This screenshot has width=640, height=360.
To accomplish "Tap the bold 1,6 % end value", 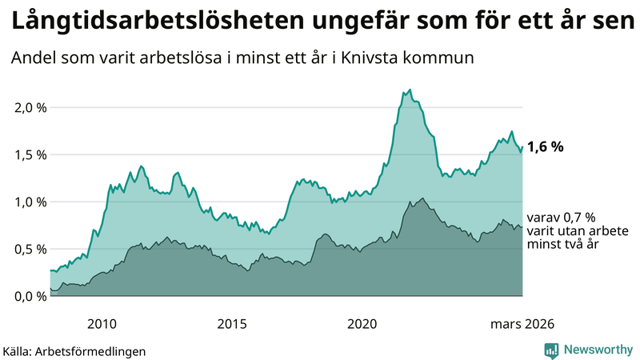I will pyautogui.click(x=546, y=146).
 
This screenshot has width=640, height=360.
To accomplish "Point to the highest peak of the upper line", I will pyautogui.click(x=410, y=90).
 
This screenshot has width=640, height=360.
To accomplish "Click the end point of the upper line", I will pyautogui.click(x=522, y=146).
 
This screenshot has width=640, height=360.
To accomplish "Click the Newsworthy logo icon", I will pyautogui.click(x=551, y=350).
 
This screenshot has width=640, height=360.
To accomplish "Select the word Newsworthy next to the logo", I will pyautogui.click(x=598, y=350).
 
